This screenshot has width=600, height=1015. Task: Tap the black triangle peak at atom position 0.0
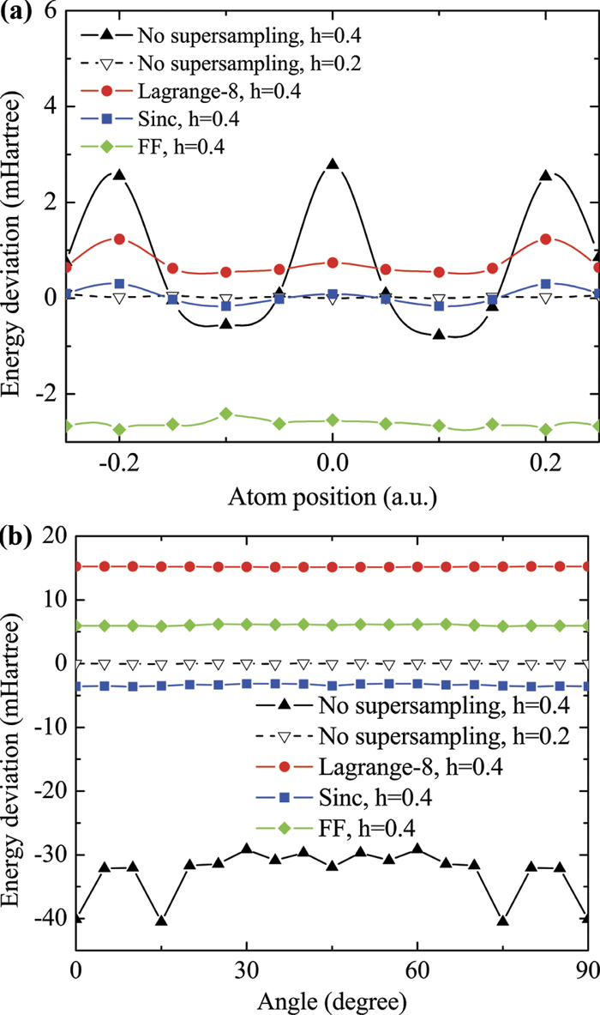tap(332, 164)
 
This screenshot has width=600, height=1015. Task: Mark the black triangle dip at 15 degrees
tap(161, 921)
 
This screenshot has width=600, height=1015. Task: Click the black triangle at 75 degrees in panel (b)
tap(503, 921)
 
